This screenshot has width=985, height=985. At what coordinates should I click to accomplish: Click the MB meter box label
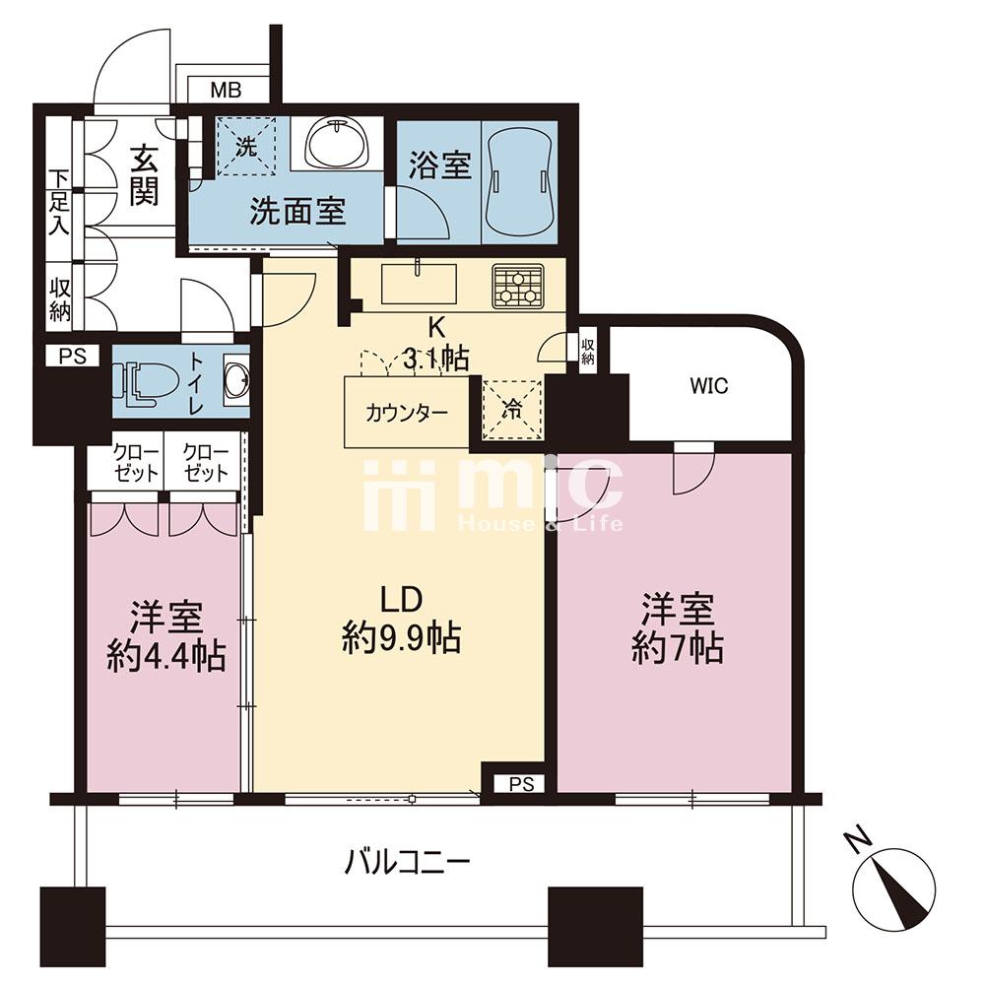(227, 91)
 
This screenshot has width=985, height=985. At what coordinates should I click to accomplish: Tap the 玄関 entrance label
(145, 175)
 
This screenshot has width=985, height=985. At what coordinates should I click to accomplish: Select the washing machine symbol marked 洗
(246, 147)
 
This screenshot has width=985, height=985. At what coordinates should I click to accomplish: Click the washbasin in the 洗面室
(337, 143)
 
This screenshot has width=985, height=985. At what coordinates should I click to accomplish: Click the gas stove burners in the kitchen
(518, 287)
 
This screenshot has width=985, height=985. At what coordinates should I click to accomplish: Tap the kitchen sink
(420, 285)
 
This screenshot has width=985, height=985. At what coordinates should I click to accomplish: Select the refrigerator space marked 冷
(511, 410)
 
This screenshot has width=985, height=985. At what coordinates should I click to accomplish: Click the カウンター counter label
(407, 414)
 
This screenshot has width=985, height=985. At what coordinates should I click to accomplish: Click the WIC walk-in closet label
(708, 385)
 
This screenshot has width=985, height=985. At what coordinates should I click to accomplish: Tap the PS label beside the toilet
(72, 357)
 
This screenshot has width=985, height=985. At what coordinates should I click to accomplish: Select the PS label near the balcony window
(521, 784)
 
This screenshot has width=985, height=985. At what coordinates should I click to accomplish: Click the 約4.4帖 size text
(165, 656)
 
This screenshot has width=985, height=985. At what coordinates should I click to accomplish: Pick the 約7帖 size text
(678, 648)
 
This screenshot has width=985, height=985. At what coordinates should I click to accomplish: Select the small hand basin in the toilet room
(236, 380)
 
